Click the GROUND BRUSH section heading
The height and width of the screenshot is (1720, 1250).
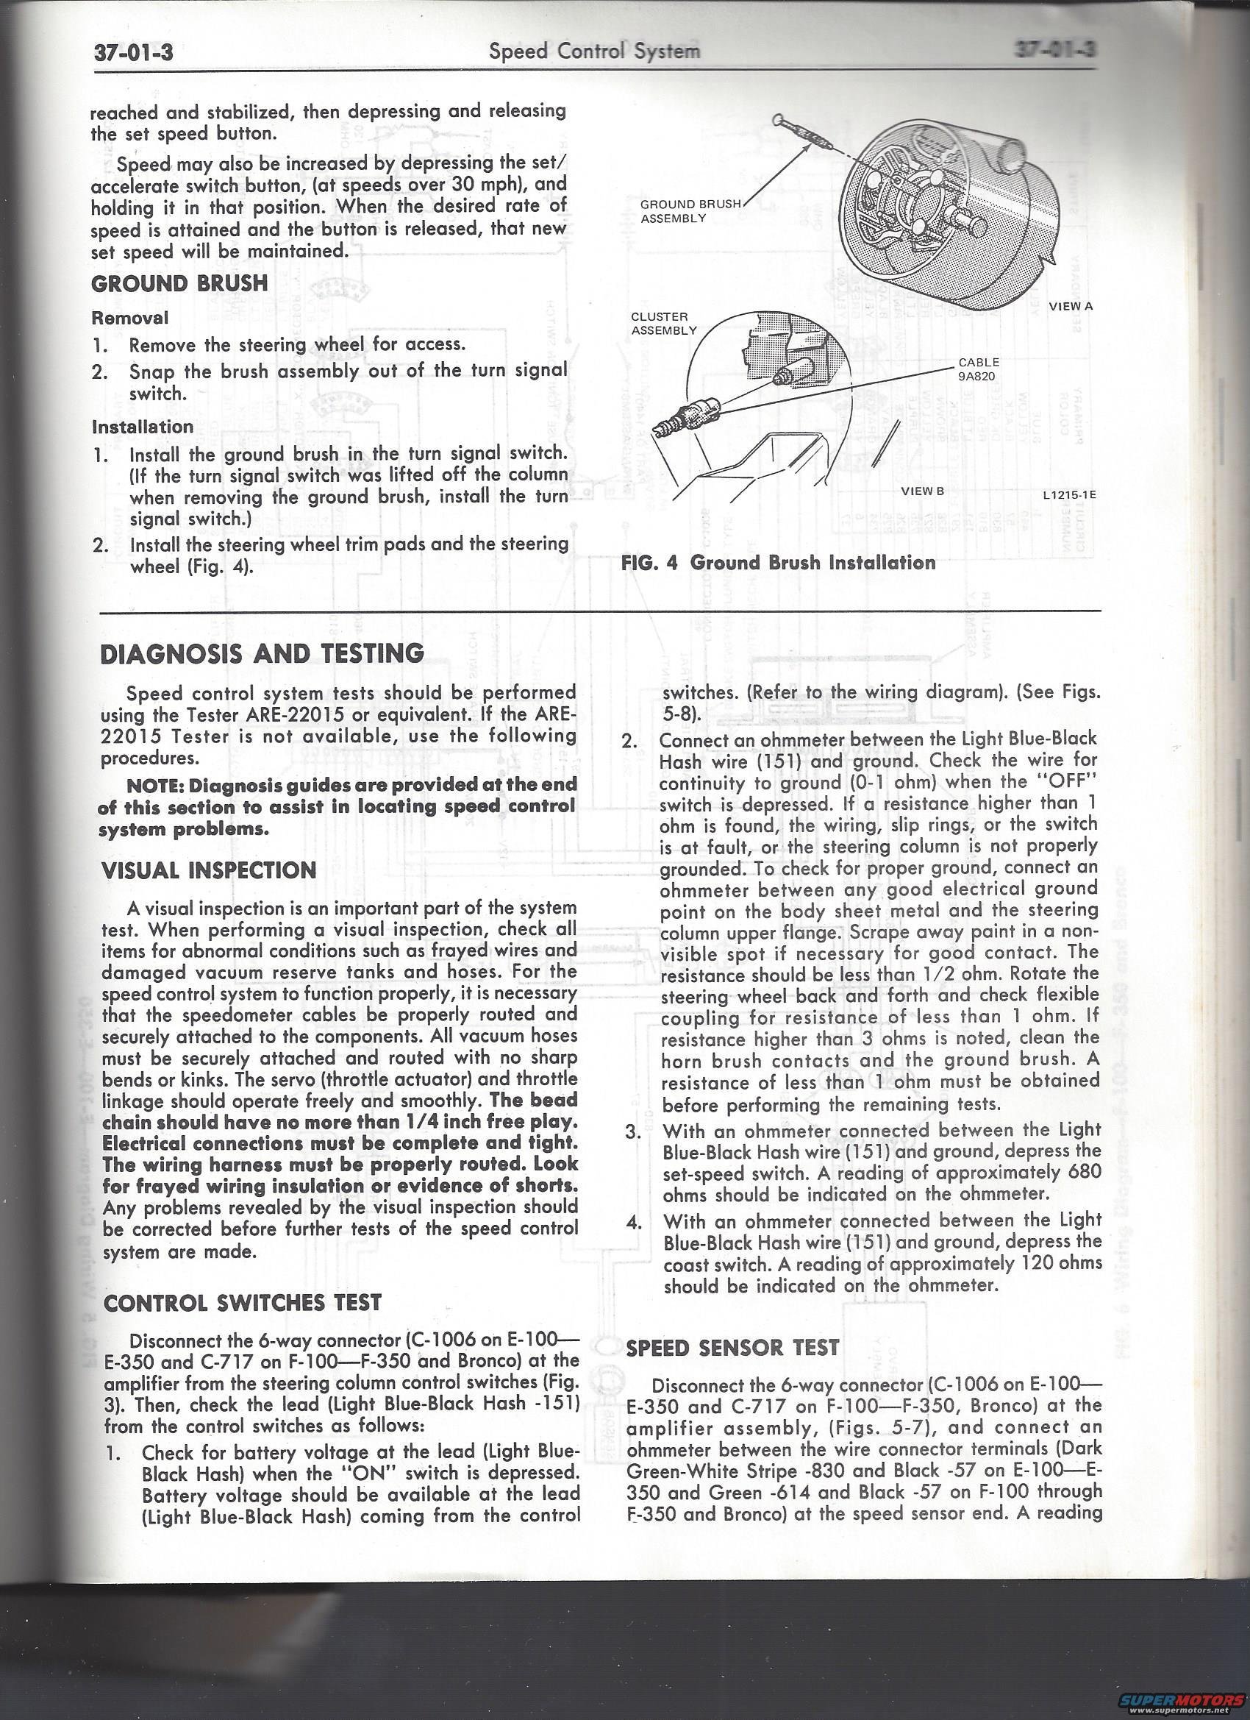pos(179,284)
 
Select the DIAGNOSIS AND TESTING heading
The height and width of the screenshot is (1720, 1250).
pos(262,653)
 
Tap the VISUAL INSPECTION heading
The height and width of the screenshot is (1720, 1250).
pos(209,870)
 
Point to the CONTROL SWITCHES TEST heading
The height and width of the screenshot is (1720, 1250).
pos(242,1303)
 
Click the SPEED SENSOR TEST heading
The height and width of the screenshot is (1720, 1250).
pos(732,1348)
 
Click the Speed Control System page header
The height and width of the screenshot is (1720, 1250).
pos(594,51)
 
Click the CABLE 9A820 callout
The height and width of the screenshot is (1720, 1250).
pos(979,368)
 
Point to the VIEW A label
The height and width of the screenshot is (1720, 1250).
pos(1071,306)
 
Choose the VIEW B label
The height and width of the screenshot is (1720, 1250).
pos(922,491)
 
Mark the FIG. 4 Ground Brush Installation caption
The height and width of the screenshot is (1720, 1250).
pos(778,563)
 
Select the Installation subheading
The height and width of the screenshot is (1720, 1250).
pos(143,427)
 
